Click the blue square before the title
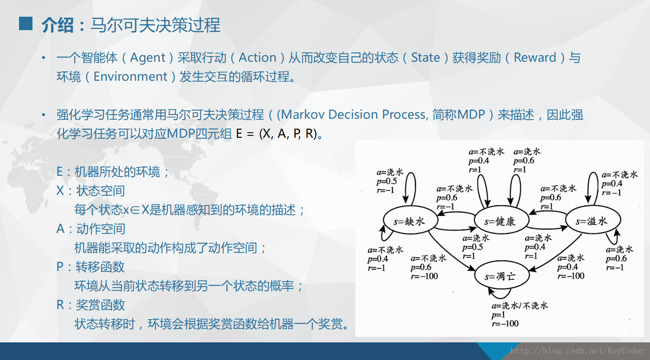point(26,24)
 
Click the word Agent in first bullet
point(148,58)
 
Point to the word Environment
point(130,77)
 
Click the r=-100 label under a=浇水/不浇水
point(505,323)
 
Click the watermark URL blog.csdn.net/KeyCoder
point(577,351)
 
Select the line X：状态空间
point(91,191)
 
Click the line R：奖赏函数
point(91,305)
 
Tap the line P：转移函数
point(91,267)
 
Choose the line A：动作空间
point(91,229)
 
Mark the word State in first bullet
point(425,58)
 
